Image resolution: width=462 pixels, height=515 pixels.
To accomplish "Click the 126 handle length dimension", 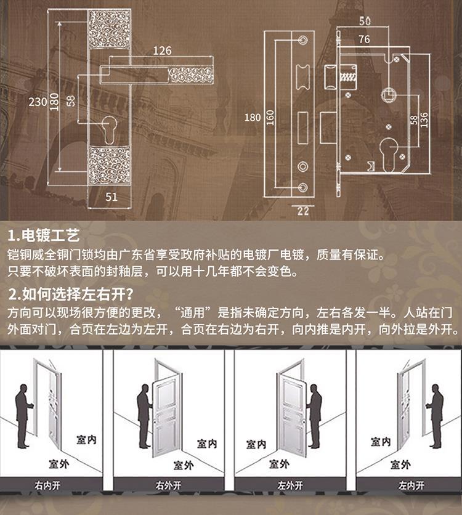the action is (162, 51).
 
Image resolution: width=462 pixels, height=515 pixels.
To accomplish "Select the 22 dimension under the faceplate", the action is (302, 211).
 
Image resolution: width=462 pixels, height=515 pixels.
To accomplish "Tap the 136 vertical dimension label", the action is (424, 121).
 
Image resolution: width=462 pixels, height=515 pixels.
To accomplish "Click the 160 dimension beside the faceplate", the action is (269, 117).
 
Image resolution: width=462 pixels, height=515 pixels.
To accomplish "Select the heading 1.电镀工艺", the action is (44, 236).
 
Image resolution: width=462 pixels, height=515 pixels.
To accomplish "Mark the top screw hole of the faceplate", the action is (302, 39).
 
